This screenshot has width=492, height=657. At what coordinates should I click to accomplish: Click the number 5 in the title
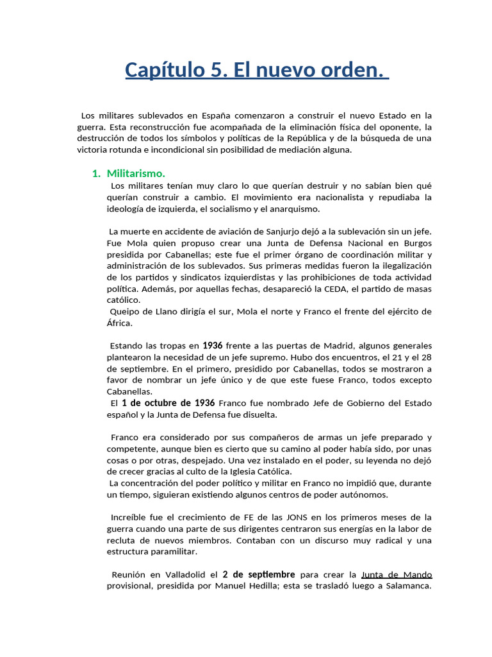pyautogui.click(x=213, y=69)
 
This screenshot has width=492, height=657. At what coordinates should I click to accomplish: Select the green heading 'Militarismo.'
pyautogui.click(x=136, y=173)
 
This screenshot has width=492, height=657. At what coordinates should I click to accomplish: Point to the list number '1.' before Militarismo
pyautogui.click(x=96, y=173)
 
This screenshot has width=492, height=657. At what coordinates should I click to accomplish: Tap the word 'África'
pyautogui.click(x=119, y=323)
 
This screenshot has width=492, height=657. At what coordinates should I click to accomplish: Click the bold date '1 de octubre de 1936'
pyautogui.click(x=168, y=403)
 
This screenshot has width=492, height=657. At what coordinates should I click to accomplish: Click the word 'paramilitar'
pyautogui.click(x=174, y=551)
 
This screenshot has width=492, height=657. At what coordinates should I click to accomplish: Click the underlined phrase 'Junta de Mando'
pyautogui.click(x=397, y=574)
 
